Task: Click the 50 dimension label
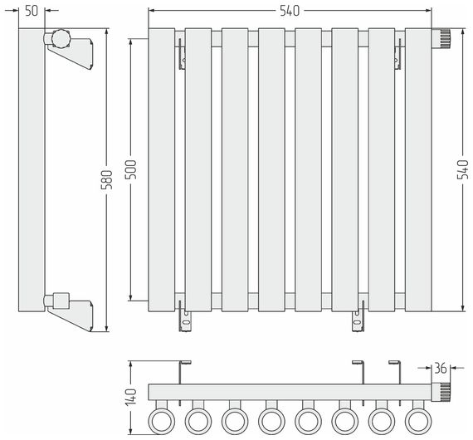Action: [32, 11]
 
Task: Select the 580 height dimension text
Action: [106, 180]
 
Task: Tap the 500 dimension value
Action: [130, 169]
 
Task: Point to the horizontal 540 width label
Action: [290, 11]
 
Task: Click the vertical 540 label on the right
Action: [463, 169]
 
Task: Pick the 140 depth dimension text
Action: [130, 397]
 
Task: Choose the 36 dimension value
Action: [440, 368]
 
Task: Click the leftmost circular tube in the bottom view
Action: [161, 421]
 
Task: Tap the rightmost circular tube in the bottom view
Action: [418, 421]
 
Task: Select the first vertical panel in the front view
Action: [161, 170]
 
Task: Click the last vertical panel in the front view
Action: [418, 170]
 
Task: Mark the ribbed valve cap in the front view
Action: [441, 38]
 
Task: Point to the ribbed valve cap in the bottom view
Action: [441, 392]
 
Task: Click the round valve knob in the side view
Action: [61, 38]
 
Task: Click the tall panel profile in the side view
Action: [32, 170]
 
